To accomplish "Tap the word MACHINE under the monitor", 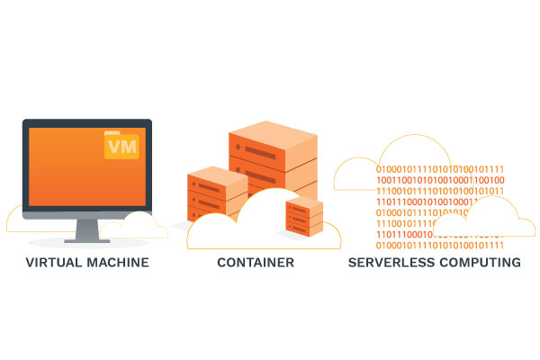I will click(119, 263).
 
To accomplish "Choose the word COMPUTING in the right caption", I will click(479, 263).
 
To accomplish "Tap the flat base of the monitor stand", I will click(87, 241).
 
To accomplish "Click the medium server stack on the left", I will click(216, 193).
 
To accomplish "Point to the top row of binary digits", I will click(439, 169).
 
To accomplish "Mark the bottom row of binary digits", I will click(439, 245).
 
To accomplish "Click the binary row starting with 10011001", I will click(439, 180).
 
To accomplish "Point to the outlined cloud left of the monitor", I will click(14, 221).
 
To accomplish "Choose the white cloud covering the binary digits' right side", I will click(490, 220).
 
